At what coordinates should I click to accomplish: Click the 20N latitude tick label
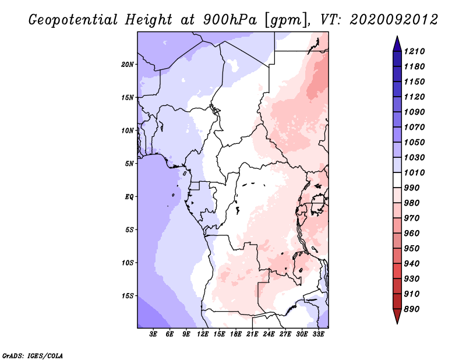click(128, 65)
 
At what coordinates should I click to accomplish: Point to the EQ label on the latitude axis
click(129, 197)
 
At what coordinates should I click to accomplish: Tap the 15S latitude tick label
click(128, 296)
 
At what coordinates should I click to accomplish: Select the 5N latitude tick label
click(129, 164)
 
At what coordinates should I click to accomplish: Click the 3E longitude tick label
click(153, 334)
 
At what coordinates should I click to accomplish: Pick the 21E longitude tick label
click(252, 334)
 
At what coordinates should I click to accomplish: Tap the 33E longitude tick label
click(318, 334)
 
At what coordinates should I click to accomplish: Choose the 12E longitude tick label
click(202, 334)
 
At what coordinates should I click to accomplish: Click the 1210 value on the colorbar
click(414, 51)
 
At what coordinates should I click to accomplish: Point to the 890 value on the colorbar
click(411, 309)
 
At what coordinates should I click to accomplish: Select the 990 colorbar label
click(411, 188)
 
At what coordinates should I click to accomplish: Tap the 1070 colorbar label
click(414, 127)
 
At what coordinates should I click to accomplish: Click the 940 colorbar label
click(411, 264)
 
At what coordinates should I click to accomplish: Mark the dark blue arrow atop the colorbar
click(397, 44)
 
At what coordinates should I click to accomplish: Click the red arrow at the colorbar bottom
click(397, 316)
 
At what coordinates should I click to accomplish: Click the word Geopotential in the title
click(73, 20)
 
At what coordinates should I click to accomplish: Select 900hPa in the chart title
click(230, 20)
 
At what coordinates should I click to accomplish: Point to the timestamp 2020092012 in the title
click(394, 20)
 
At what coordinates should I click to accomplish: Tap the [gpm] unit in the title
click(286, 20)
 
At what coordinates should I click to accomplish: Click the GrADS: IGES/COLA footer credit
click(33, 356)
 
